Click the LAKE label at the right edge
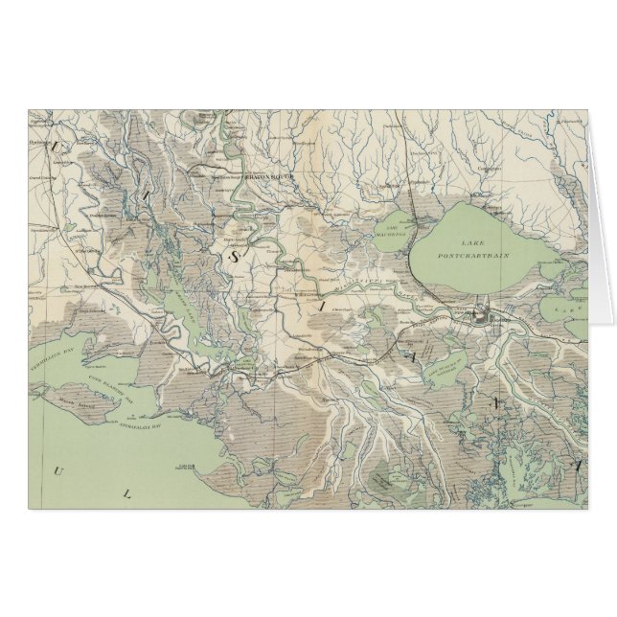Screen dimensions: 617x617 click(573, 310)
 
